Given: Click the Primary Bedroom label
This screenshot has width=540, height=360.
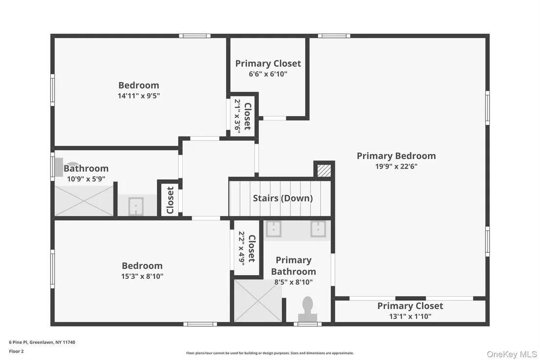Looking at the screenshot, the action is coord(396,156).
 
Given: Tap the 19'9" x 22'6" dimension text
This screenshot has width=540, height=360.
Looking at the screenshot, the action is coord(396,166).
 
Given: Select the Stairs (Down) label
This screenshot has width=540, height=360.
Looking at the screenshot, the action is coord(283,198).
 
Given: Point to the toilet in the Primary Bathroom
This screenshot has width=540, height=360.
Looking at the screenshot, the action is coord(308,309).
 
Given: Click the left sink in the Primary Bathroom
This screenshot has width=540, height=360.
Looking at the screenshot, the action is coord(273,229).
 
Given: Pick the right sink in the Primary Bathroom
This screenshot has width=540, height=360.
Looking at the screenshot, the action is coord(318,229).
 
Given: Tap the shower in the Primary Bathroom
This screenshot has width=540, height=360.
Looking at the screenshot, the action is coord(258,300).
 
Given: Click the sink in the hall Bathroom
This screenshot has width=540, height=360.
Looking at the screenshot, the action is coord(136,206).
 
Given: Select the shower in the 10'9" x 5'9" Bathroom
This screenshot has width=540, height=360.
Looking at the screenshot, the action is coord(84,201).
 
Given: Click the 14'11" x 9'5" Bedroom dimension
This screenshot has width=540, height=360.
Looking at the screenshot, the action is coord(139,96).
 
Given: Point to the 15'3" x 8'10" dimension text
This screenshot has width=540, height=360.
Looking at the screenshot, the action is coord(142,276).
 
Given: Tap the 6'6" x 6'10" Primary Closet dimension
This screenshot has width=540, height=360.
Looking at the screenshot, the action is coord(268,74).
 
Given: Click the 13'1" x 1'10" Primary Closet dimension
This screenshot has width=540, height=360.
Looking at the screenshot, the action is coord(410,316).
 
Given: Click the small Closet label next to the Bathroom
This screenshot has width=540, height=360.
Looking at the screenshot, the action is coord(170,200).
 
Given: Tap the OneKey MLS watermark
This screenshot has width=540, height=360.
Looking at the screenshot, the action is coord(512,354).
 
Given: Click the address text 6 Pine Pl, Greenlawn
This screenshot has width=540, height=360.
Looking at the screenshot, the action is coord(42,342).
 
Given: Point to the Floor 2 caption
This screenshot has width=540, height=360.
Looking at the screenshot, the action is coord(16,351).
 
